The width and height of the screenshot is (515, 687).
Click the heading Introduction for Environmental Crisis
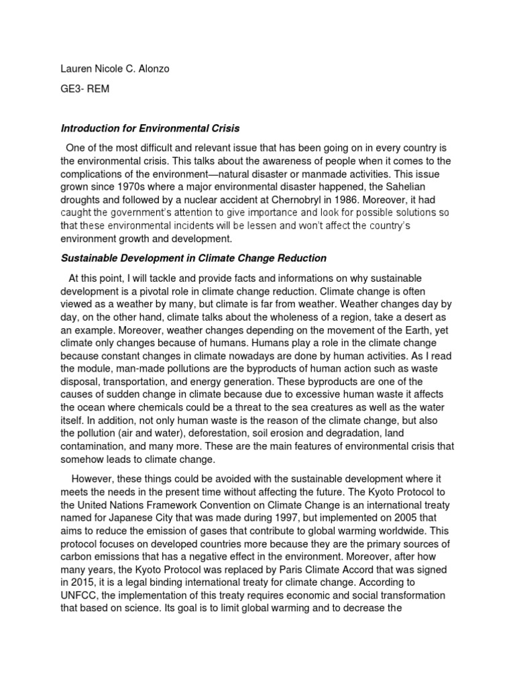pos(151,128)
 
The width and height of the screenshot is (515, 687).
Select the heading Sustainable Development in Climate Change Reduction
pos(194,258)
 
